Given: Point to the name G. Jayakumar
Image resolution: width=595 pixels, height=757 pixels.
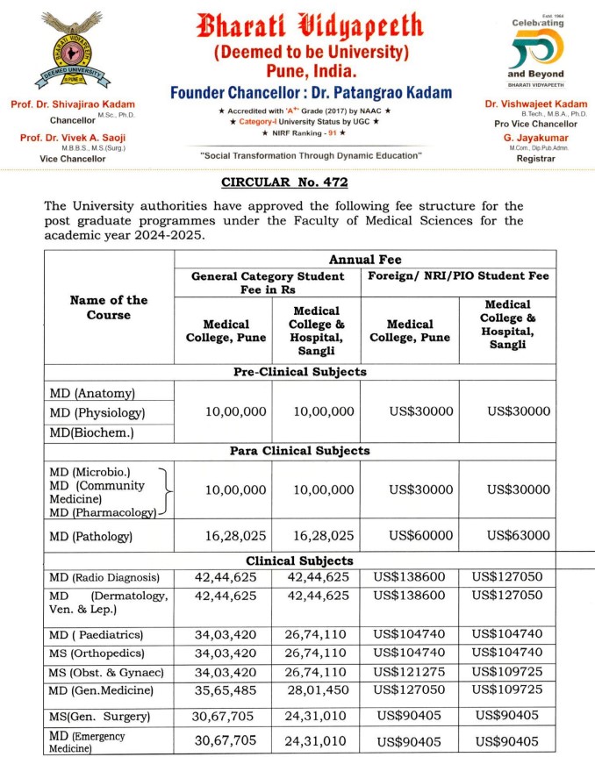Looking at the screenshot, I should pos(535,137).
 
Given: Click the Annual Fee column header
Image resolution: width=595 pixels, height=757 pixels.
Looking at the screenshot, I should pos(364,260).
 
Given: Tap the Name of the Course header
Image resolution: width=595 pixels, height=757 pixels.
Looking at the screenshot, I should pos(109,307).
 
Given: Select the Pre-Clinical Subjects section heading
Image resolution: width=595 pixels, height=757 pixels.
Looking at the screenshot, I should pos(298,371).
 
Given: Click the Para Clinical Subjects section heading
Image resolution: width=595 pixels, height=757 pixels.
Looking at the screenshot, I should pos(298,450).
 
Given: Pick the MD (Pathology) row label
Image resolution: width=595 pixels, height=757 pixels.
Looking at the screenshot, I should pos(90,536).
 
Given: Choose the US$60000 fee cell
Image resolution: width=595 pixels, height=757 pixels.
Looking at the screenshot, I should pos(410,535).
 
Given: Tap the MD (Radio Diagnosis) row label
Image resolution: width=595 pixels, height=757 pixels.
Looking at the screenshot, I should pos(104,577).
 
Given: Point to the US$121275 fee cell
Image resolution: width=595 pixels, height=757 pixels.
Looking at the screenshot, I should pos(410,671).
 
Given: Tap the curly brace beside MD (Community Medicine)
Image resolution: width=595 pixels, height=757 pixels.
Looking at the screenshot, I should pos(166,492).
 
